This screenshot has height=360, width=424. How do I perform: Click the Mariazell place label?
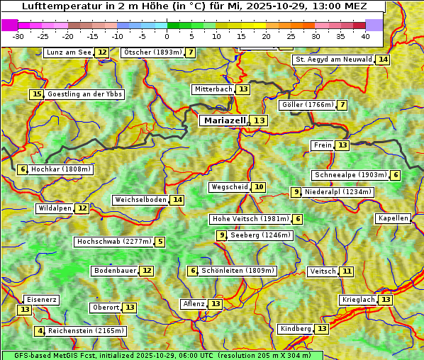pyautogui.click(x=225, y=120)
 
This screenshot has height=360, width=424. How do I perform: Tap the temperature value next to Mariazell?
pyautogui.click(x=260, y=120)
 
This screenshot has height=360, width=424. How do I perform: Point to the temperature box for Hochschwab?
pyautogui.click(x=160, y=242)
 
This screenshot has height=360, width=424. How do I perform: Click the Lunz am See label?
pyautogui.click(x=69, y=52)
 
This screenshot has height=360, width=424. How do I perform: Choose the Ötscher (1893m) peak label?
pyautogui.click(x=152, y=52)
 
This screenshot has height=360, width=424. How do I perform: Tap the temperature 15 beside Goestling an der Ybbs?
pyautogui.click(x=36, y=94)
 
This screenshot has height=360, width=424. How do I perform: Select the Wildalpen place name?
pyautogui.click(x=55, y=208)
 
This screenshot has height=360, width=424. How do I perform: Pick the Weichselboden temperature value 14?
pyautogui.click(x=177, y=200)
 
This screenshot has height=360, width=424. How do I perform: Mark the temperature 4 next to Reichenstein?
pyautogui.click(x=40, y=331)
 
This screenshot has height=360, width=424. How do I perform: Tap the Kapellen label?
pyautogui.click(x=393, y=218)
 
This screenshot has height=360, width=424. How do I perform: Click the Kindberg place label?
pyautogui.click(x=296, y=329)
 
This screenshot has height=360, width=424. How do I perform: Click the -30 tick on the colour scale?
pyautogui.click(x=18, y=36)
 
